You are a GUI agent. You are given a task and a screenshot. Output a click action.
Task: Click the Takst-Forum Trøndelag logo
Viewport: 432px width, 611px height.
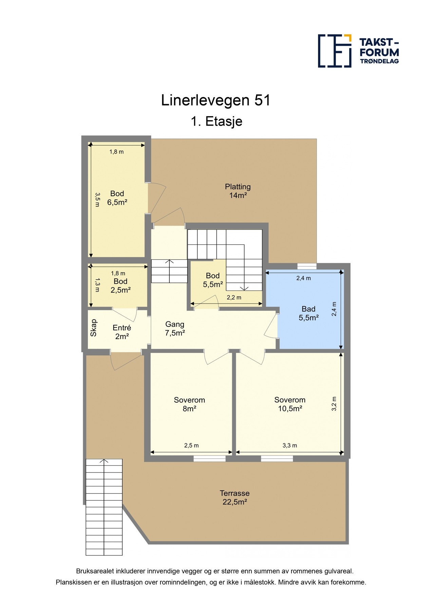358,51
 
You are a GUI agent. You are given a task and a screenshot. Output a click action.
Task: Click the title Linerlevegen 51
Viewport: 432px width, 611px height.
216,100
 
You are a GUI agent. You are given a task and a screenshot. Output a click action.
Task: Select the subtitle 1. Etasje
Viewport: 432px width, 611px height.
216,122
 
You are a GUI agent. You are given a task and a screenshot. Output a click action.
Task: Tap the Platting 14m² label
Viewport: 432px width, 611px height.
238,191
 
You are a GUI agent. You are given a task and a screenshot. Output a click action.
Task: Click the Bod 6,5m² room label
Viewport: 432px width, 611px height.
117,198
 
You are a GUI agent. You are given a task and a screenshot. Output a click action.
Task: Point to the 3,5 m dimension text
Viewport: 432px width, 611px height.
97,200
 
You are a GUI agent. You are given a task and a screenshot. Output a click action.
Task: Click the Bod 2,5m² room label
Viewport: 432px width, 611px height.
120,285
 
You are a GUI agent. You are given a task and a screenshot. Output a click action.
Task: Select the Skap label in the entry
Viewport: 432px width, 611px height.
94,328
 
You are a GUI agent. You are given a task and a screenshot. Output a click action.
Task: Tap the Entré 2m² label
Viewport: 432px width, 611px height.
122,332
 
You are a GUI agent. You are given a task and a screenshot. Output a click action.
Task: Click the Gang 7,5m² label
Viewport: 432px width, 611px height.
175,329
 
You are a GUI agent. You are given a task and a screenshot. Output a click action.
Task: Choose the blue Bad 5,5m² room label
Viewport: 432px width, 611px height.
308,313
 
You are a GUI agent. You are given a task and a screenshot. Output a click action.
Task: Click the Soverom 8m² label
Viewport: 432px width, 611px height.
189,404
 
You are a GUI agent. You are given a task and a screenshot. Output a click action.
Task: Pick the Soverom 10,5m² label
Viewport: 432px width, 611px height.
290,404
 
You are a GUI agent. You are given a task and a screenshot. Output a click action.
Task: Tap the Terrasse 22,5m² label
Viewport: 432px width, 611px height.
234,498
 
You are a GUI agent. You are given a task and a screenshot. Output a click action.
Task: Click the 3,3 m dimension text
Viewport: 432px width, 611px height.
290,445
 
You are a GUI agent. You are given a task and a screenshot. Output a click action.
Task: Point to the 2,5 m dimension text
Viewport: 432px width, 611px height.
191,445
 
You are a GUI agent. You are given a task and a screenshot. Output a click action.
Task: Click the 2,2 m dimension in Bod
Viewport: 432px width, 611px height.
234,297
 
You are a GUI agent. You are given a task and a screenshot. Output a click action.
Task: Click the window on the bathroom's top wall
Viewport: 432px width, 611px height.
307,266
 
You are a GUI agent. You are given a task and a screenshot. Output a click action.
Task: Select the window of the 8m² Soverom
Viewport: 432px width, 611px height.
209,459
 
